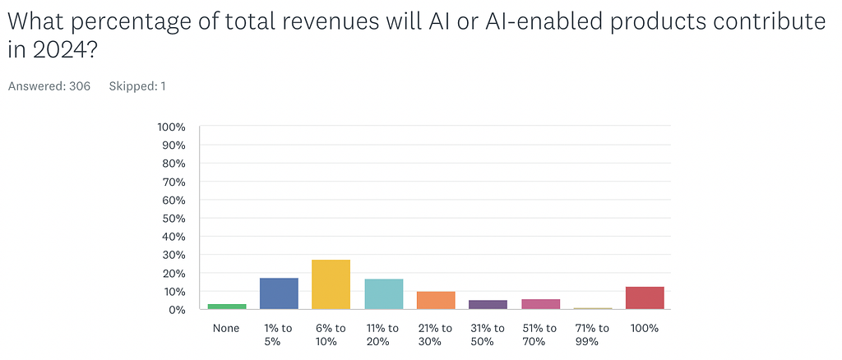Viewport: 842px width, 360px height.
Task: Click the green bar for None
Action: click(x=227, y=307)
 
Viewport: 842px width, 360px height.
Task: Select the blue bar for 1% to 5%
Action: click(x=279, y=293)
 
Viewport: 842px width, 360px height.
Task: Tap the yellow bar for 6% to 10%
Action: click(x=331, y=284)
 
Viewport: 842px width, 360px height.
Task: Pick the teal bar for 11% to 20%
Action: click(x=383, y=294)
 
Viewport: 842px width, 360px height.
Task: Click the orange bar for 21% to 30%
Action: click(x=436, y=301)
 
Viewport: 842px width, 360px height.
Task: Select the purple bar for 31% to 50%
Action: click(x=488, y=305)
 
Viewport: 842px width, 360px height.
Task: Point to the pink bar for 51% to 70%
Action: click(x=540, y=304)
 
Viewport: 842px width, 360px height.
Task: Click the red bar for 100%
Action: click(x=645, y=298)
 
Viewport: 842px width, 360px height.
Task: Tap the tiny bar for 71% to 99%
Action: click(x=592, y=308)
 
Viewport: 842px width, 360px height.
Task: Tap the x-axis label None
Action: click(x=227, y=328)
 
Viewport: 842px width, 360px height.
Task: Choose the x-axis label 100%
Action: click(x=645, y=328)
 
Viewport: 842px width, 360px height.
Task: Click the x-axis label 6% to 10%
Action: click(x=331, y=335)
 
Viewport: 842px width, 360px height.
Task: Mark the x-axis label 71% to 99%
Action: click(x=592, y=335)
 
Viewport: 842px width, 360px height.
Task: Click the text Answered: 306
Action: click(x=49, y=85)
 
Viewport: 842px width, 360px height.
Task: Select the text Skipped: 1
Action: click(x=137, y=85)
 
